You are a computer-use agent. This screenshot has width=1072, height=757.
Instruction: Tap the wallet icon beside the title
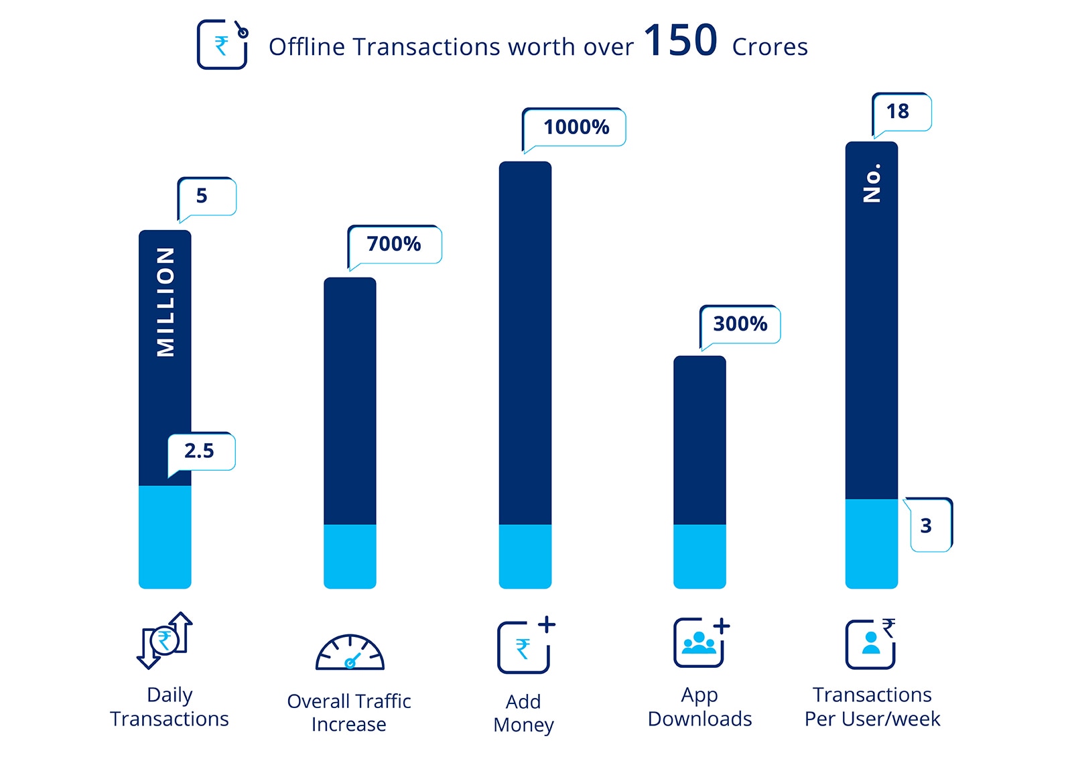point(222,44)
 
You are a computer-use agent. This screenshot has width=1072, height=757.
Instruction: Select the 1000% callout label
point(576,127)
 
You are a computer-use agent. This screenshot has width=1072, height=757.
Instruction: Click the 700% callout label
point(394,244)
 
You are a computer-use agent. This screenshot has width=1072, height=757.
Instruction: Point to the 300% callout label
point(740,324)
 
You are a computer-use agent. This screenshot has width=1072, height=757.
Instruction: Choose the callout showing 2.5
point(200,451)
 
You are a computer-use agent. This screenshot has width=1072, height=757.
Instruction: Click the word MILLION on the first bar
point(165,302)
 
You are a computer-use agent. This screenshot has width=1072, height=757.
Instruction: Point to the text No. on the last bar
point(872,183)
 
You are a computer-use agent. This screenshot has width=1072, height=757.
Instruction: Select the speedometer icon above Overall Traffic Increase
point(350,652)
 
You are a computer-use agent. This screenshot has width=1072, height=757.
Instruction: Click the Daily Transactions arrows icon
point(165,640)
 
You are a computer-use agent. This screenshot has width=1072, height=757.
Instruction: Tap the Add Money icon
point(525,645)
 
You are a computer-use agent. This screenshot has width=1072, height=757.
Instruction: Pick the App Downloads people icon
point(701,642)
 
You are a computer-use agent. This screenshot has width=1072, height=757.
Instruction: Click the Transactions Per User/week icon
point(871,644)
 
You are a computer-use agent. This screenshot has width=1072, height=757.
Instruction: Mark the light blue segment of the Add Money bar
point(525,556)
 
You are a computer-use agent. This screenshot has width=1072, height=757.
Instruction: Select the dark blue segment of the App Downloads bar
point(699,440)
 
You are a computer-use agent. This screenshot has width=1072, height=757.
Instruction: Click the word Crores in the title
point(770,47)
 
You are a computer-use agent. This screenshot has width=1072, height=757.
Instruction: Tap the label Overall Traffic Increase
point(349,713)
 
